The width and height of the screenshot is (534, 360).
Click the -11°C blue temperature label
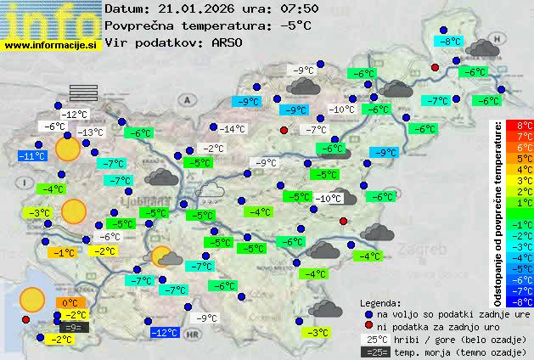pos(32,156)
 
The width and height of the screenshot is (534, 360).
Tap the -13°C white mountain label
pos(90,132)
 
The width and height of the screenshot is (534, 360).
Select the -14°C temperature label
pos(232,129)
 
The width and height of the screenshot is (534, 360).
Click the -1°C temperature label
pos(64,252)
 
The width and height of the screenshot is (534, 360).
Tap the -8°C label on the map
pos(449,41)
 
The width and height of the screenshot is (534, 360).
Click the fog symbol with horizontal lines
pos(84,93)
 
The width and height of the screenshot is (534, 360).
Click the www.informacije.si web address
pos(51,45)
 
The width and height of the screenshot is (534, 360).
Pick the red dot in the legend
pos(369,325)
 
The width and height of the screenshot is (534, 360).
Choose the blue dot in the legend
pos(369,313)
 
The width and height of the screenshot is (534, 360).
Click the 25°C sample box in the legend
pos(376,339)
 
